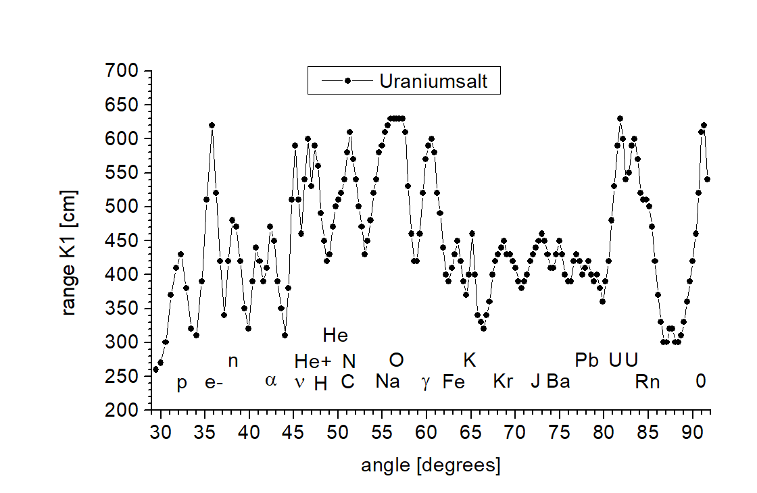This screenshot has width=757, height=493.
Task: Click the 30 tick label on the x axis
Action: [x=160, y=432]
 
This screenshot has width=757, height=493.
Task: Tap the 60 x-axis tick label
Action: [x=426, y=432]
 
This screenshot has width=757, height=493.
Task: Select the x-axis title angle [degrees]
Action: [x=431, y=465]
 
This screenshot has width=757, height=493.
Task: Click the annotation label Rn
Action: [x=647, y=382]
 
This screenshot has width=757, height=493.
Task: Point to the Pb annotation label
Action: [x=587, y=361]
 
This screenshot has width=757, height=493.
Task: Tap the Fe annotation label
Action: [x=454, y=382]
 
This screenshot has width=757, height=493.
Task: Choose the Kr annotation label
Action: [x=503, y=382]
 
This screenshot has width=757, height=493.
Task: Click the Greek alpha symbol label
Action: [x=271, y=381]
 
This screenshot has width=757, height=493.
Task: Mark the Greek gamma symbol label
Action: [x=425, y=383]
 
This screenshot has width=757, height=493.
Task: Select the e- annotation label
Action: [x=214, y=383]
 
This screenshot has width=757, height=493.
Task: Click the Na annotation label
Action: [x=387, y=382]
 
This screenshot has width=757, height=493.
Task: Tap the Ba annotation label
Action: [x=558, y=382]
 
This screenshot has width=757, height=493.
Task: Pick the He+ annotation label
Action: [x=313, y=361]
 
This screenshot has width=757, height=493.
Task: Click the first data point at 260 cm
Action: [x=155, y=369]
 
